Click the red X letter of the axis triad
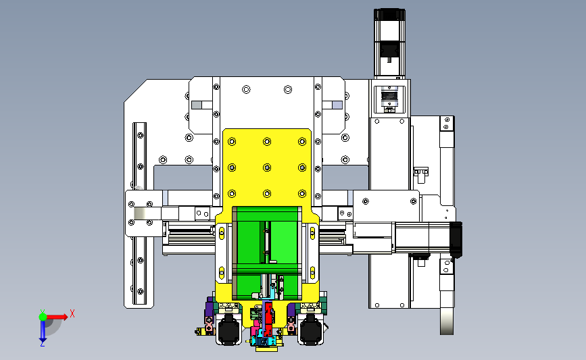pyautogui.click(x=72, y=313)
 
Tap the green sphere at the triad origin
pyautogui.click(x=43, y=317)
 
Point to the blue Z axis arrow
pyautogui.click(x=43, y=331)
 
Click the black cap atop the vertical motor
pyautogui.click(x=389, y=15)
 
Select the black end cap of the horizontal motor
pyautogui.click(x=456, y=240)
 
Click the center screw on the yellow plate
pyautogui.click(x=267, y=168)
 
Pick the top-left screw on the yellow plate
pyautogui.click(x=232, y=142)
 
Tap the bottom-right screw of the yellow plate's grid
pyautogui.click(x=302, y=193)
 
